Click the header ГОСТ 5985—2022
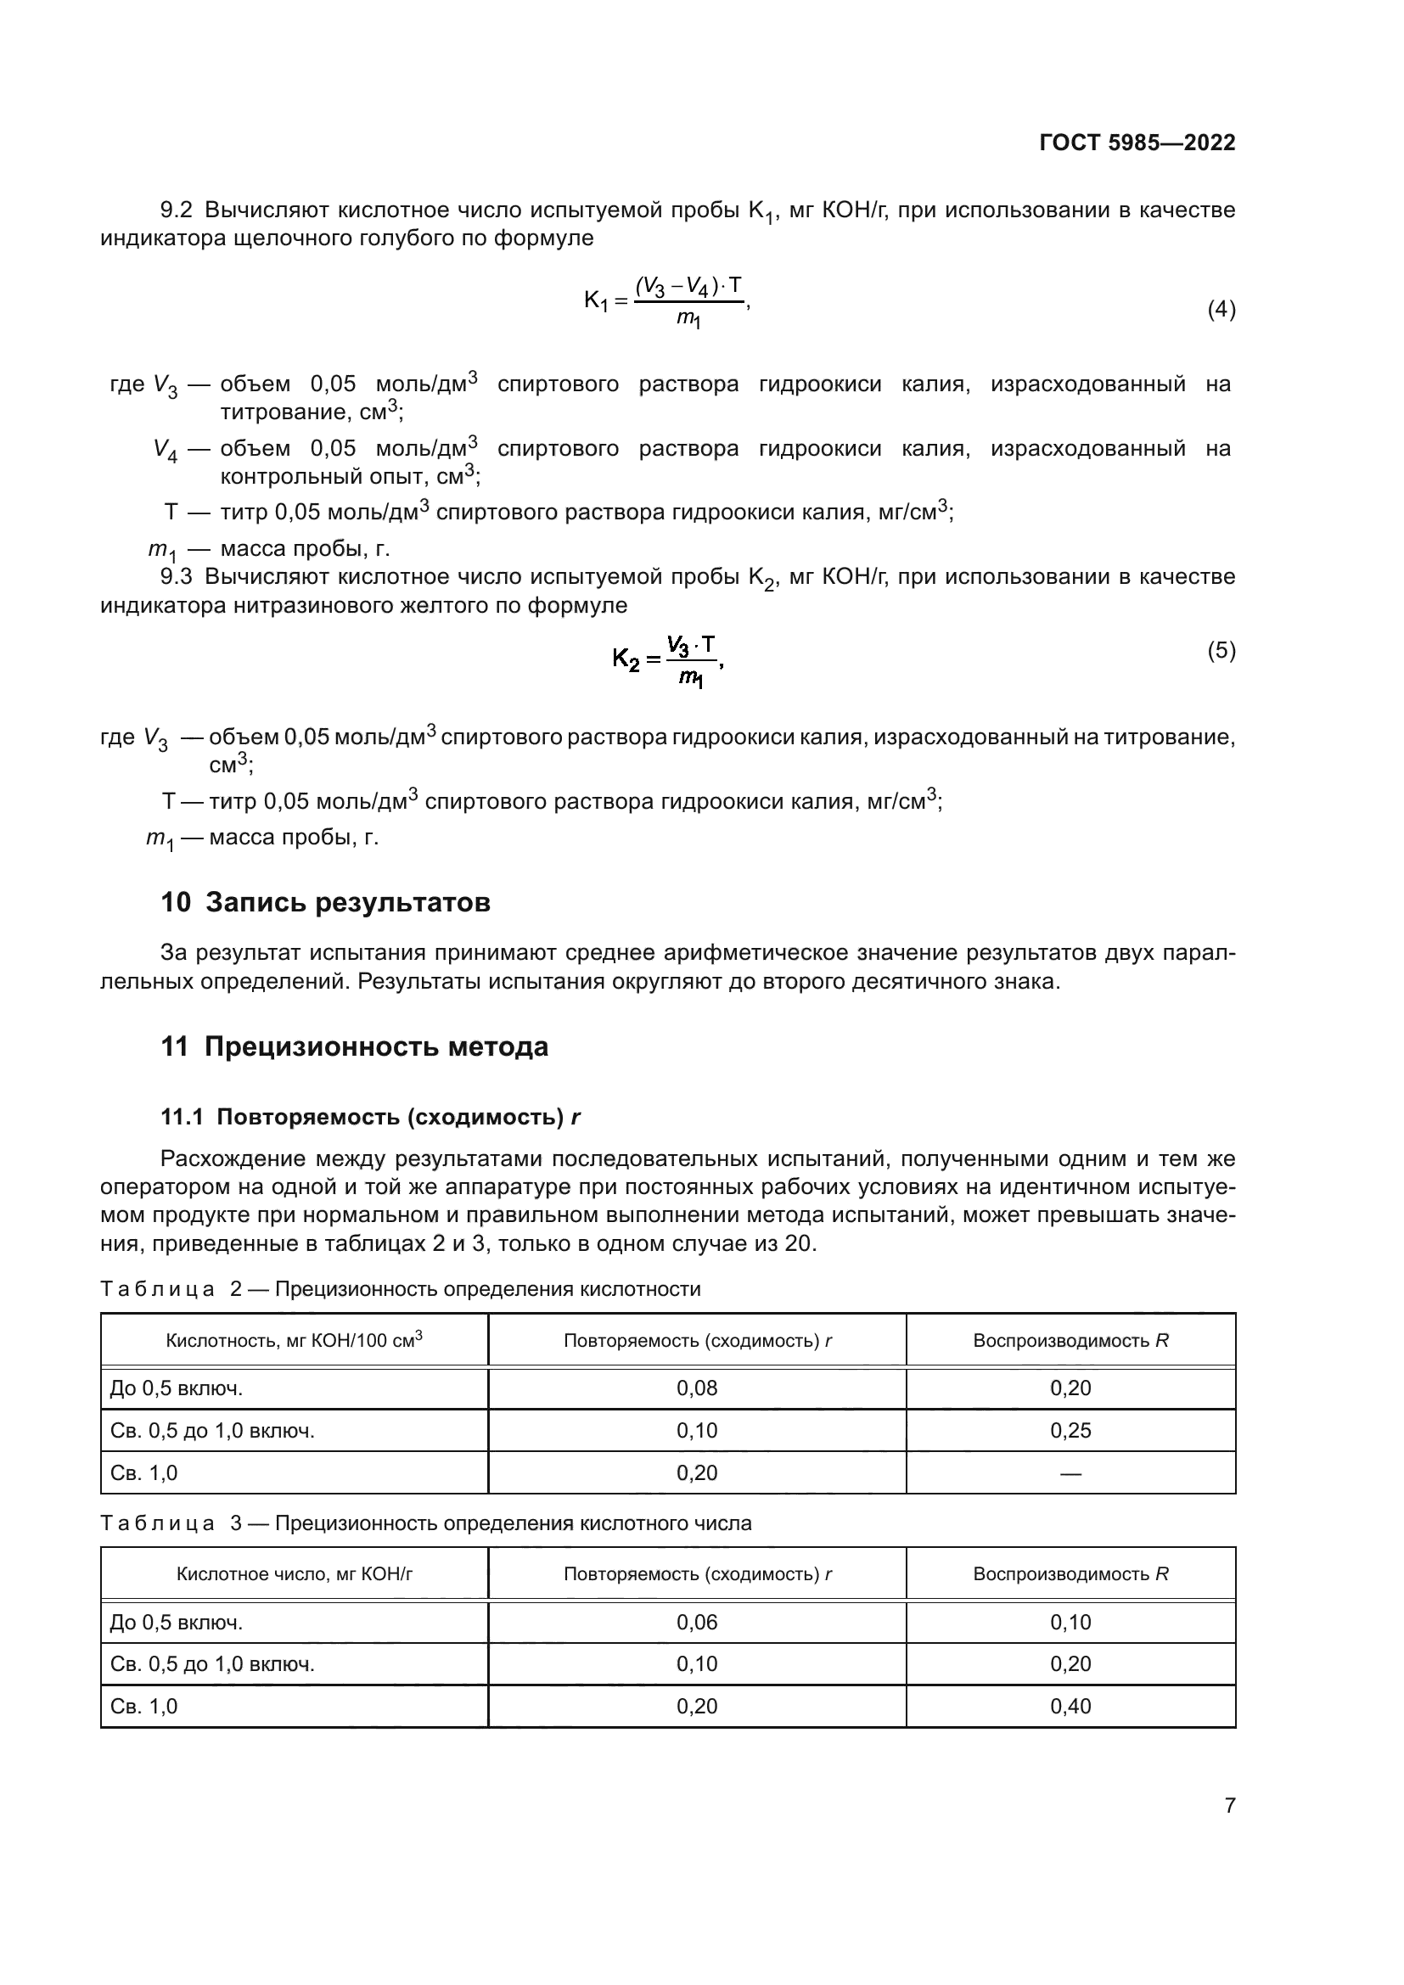(1137, 143)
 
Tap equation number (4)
(1221, 309)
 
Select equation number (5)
(1221, 650)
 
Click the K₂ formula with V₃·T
(667, 661)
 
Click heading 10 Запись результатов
(325, 903)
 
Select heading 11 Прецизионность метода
(355, 1047)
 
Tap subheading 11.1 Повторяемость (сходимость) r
(370, 1117)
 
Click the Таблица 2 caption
(401, 1289)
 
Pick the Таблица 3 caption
(425, 1523)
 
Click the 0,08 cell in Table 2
(697, 1388)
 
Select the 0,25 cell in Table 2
(1070, 1431)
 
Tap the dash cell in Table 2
(1070, 1473)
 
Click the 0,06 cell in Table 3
(697, 1623)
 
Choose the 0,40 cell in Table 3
(1070, 1707)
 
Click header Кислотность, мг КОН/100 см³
(294, 1341)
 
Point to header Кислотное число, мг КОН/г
(294, 1574)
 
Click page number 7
(1229, 1806)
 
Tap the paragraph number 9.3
(177, 576)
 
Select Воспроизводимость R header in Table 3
(1070, 1574)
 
